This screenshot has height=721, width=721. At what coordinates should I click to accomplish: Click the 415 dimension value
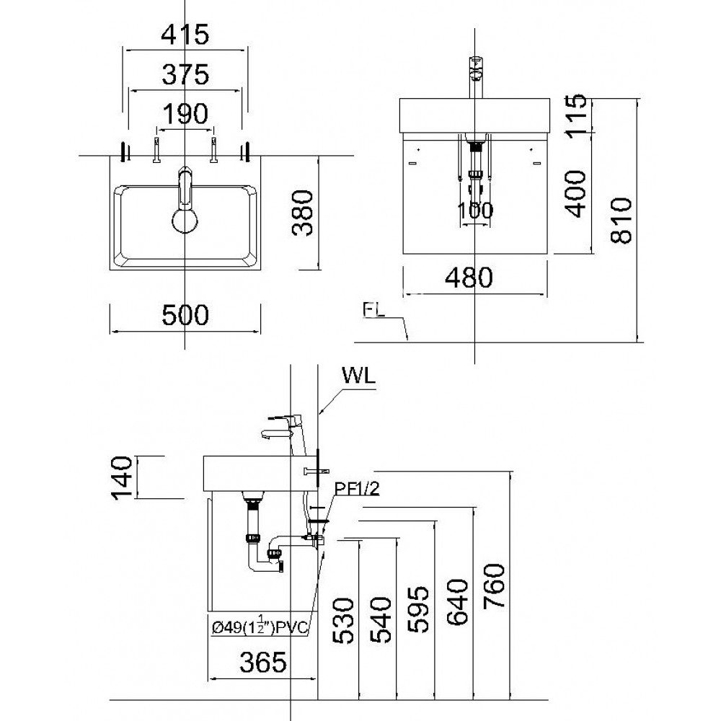(186, 34)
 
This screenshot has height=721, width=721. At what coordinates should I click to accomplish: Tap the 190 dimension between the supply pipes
(185, 113)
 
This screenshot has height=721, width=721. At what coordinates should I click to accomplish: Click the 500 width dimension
(185, 314)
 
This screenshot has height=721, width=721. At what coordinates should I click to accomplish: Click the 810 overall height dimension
(620, 220)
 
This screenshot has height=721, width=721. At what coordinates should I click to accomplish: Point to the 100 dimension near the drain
(475, 211)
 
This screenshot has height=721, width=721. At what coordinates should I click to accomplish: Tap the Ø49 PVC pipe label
(260, 629)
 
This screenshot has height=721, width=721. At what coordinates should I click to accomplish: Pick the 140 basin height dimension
(123, 477)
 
